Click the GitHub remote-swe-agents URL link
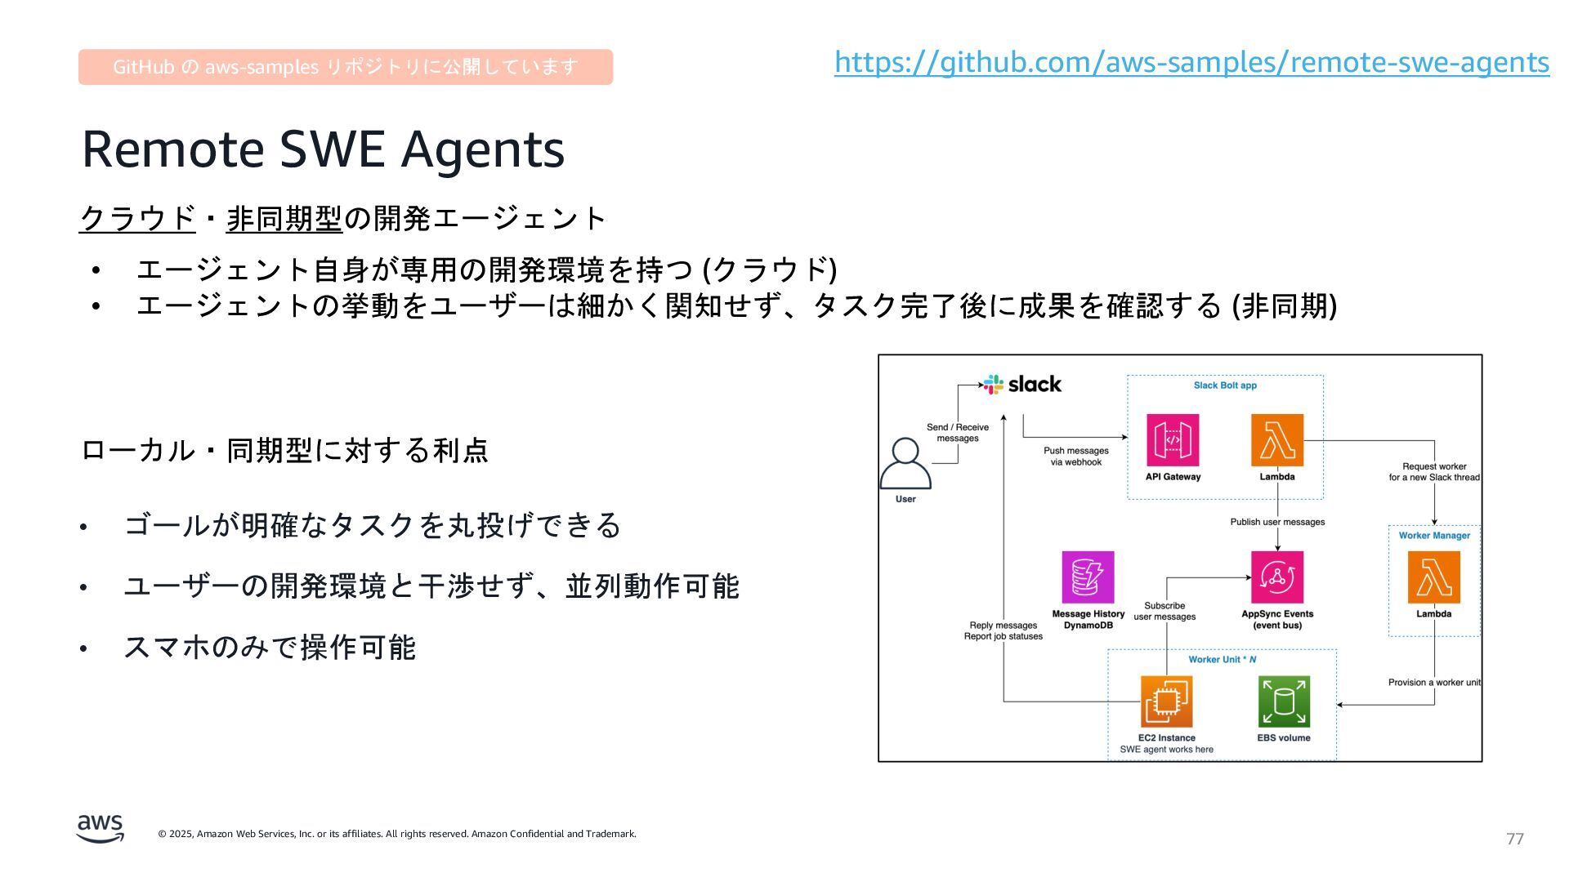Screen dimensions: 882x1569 pos(1191,62)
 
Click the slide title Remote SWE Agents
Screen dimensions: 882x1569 pos(323,149)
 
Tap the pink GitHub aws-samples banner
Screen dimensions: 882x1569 pos(345,67)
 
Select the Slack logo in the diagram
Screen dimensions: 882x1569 pos(1022,384)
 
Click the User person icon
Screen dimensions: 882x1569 pos(905,463)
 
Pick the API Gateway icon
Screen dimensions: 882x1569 pos(1173,440)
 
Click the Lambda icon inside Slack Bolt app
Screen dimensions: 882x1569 pos(1277,440)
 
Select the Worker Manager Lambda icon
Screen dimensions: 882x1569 pos(1433,577)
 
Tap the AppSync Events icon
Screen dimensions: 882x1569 pos(1277,577)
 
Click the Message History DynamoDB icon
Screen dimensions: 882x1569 pos(1088,577)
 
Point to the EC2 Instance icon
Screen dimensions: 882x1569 pos(1166,702)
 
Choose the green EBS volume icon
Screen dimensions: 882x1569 pos(1284,702)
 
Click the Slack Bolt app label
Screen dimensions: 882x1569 pos(1225,385)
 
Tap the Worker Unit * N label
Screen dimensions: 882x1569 pos(1223,660)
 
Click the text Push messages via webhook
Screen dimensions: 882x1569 pos(1076,457)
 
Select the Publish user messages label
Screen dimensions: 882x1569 pos(1277,522)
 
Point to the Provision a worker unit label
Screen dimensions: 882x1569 pos(1434,683)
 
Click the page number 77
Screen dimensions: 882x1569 pos(1515,839)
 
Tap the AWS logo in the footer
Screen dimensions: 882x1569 pos(101,828)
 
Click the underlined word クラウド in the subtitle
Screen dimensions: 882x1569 pos(137,218)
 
